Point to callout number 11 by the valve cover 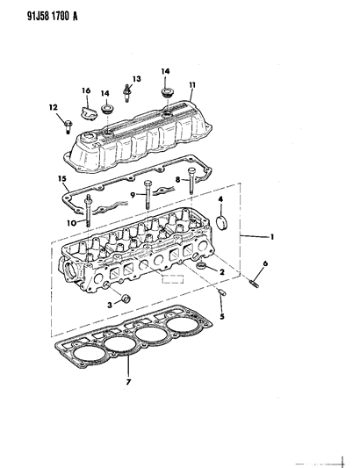191,85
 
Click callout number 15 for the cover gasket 62,181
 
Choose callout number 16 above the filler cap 86,90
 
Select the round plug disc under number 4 219,232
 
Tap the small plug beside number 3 126,303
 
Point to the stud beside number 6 256,283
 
